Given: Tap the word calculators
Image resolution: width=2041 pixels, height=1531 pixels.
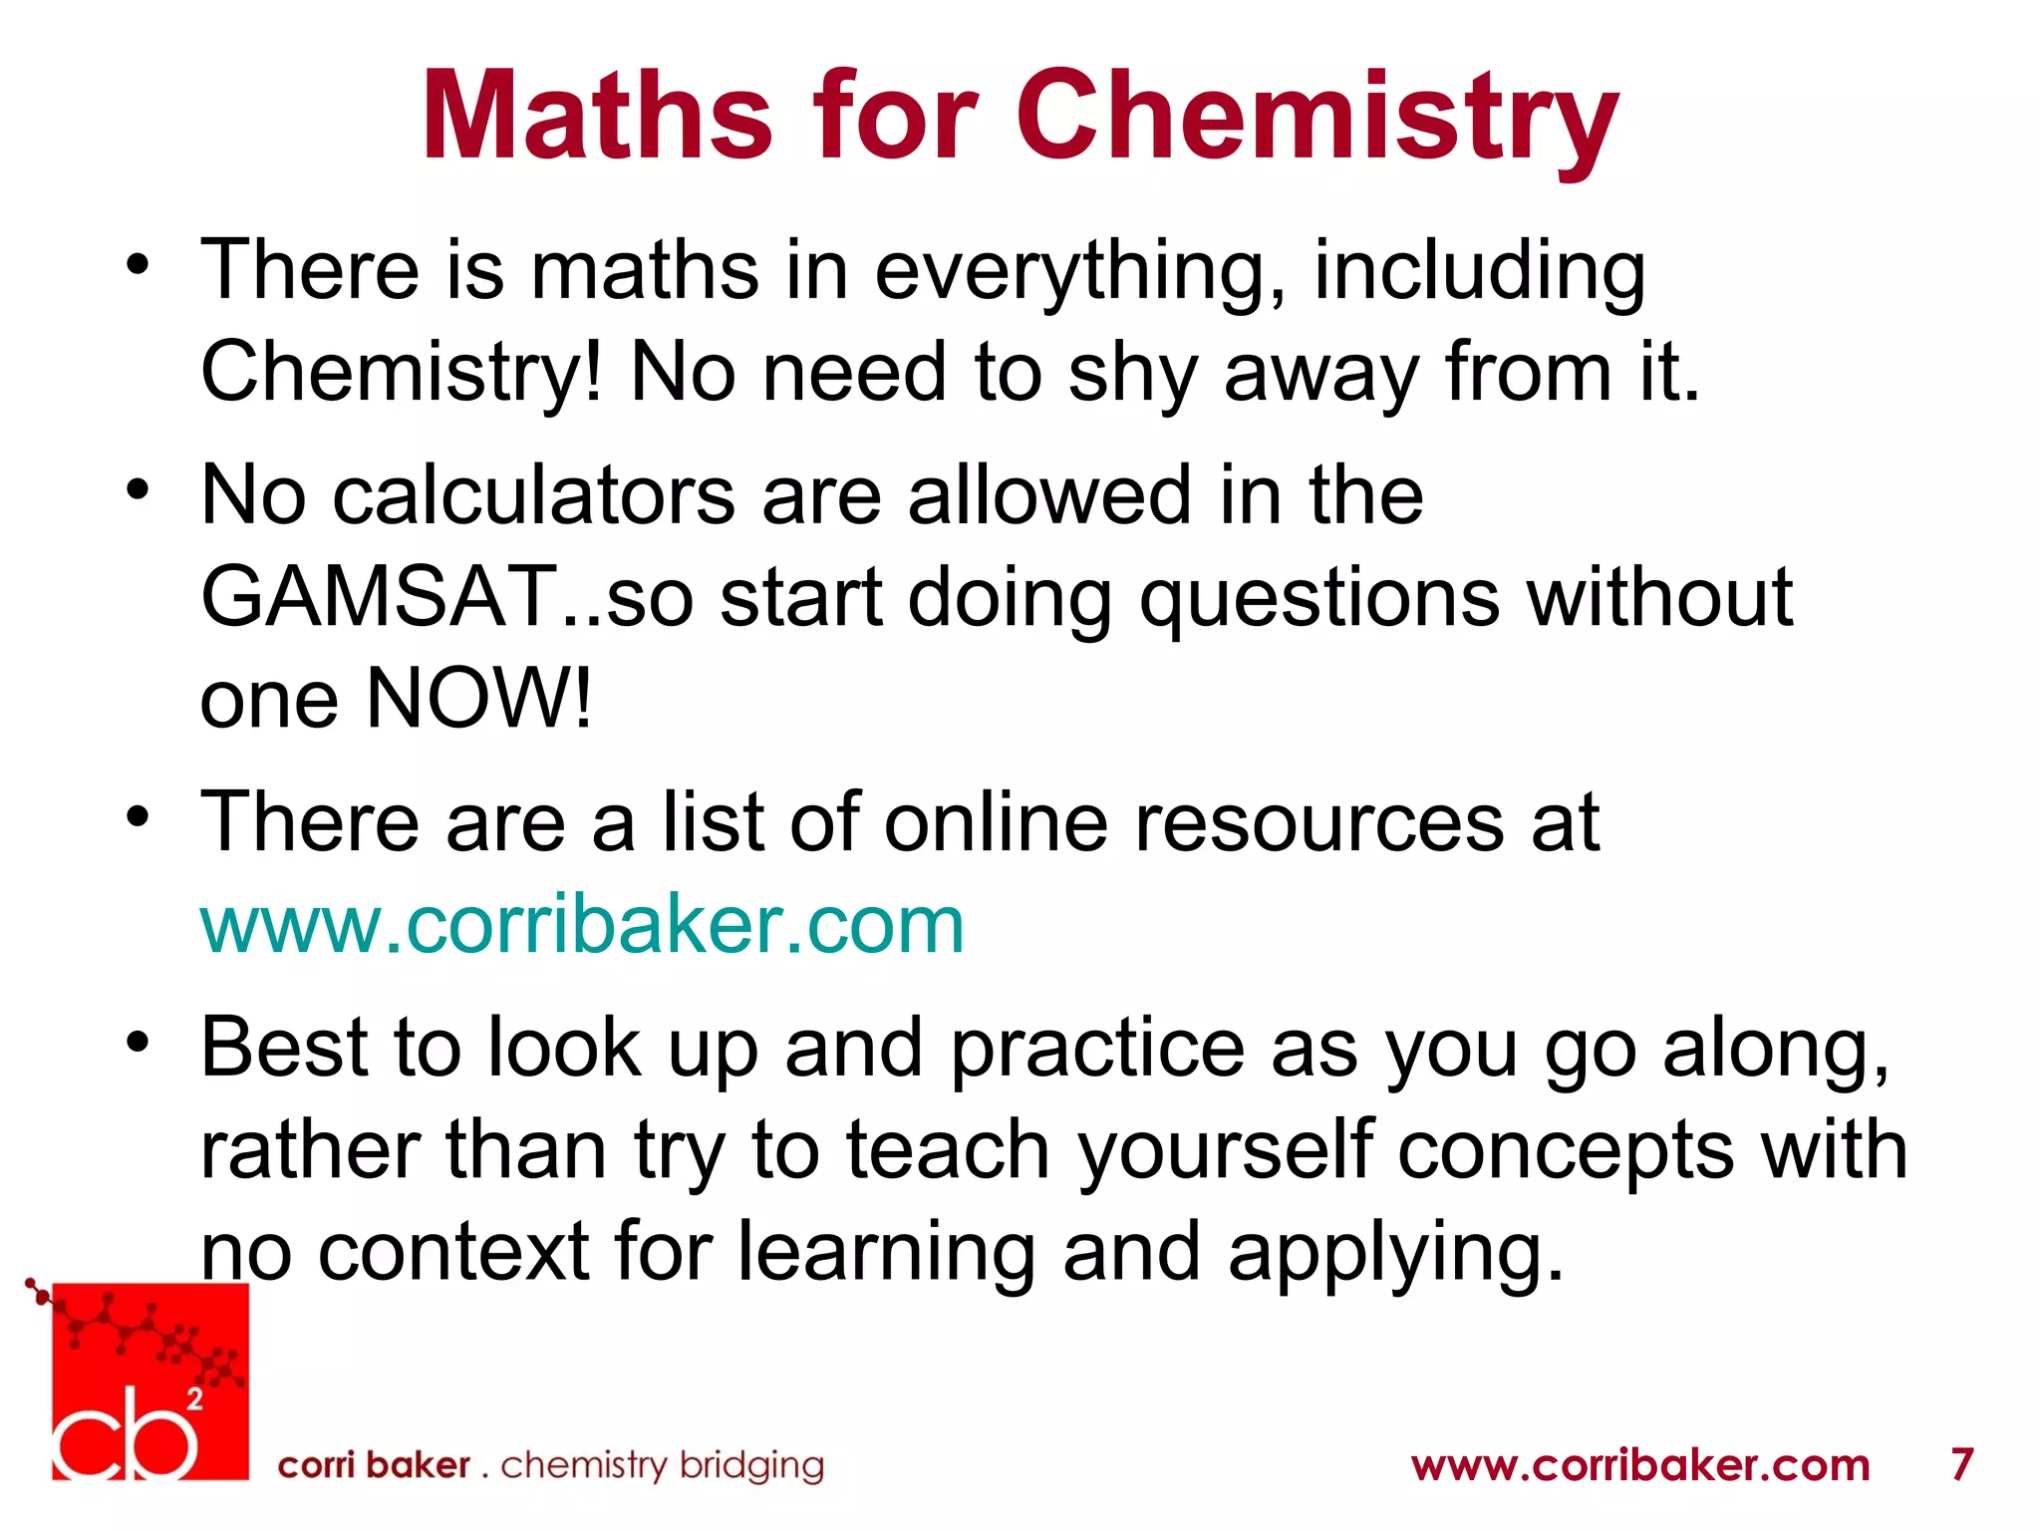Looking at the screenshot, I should (532, 495).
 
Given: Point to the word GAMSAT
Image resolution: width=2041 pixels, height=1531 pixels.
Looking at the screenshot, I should (379, 597).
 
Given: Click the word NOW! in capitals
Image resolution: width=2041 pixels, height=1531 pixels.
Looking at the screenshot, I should (479, 698).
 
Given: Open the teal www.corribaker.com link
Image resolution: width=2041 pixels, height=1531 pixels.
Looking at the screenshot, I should (582, 925).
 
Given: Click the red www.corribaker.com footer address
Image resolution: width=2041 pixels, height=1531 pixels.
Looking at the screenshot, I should (1640, 1465).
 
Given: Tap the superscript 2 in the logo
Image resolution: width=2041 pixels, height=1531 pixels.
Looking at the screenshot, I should (195, 1399).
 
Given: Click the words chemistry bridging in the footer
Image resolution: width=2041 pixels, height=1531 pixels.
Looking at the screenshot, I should (662, 1465).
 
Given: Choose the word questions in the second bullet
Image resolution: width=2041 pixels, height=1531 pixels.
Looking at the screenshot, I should (1319, 599).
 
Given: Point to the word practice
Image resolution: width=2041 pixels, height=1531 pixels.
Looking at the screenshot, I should (1097, 1051).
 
